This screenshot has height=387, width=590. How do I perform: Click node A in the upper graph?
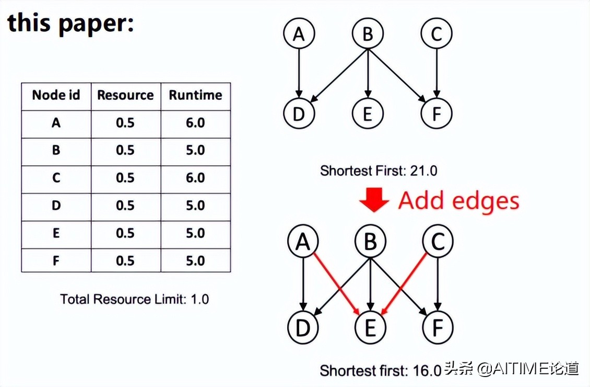299,34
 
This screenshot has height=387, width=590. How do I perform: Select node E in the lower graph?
370,327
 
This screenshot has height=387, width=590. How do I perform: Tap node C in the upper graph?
436,34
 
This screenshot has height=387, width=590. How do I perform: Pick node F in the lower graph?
437,327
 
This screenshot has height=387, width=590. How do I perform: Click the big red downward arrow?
374,200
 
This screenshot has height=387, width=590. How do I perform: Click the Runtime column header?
195,95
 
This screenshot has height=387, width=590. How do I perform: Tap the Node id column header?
56,95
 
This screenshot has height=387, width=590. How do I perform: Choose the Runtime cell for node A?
195,123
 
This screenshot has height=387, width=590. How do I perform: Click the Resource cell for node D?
125,206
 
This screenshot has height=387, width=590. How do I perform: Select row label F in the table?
56,260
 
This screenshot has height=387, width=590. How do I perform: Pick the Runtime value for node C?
195,178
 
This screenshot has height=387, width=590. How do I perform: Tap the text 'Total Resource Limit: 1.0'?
134,299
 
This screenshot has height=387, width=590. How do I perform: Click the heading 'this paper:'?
70,24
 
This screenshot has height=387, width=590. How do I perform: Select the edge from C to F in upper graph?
436,73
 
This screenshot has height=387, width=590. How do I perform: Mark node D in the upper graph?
299,113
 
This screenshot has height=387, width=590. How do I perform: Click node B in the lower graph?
370,242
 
